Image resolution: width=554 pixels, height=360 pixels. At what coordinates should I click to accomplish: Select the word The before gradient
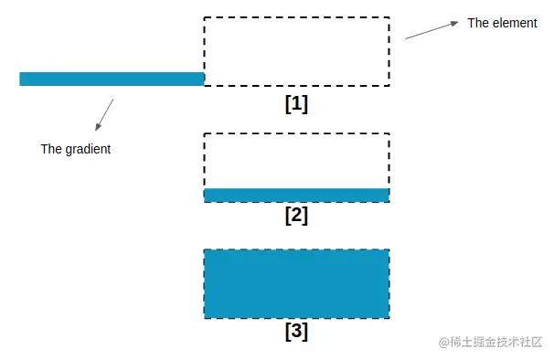[51, 149]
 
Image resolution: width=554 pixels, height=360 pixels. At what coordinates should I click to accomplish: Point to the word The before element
[478, 23]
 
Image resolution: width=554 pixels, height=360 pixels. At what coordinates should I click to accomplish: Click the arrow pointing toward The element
[431, 31]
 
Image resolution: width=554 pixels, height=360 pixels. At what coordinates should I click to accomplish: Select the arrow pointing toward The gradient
[104, 114]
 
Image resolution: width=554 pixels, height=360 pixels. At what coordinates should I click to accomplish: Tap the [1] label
[296, 103]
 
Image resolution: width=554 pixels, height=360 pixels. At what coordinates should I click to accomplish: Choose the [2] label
[296, 216]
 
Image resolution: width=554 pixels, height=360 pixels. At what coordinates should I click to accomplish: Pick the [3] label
[296, 331]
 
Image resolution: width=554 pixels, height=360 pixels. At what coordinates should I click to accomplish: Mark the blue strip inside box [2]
[296, 195]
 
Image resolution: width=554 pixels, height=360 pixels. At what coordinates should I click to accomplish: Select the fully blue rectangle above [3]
[296, 283]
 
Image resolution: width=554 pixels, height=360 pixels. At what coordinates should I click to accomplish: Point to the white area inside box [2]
[296, 161]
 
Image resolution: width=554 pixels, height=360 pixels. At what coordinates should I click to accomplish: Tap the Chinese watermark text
[498, 342]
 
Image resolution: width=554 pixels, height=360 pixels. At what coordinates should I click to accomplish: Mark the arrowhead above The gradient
[97, 127]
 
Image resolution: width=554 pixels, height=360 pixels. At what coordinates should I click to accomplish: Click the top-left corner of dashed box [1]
[204, 17]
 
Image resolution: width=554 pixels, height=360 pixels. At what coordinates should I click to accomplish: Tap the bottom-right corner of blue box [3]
[389, 318]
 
